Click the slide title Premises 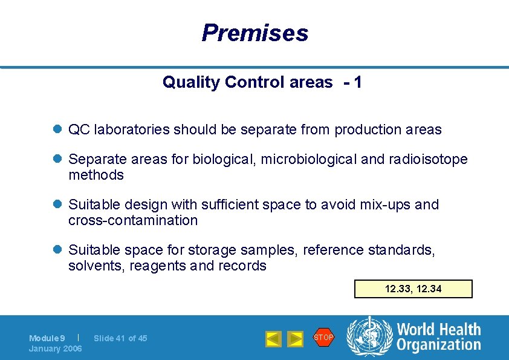pyautogui.click(x=254, y=33)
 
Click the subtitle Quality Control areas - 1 pyautogui.click(x=262, y=82)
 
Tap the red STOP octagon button pyautogui.click(x=323, y=338)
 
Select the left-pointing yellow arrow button pyautogui.click(x=273, y=339)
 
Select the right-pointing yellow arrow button pyautogui.click(x=294, y=339)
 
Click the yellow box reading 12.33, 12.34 pyautogui.click(x=413, y=289)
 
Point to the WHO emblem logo pyautogui.click(x=368, y=337)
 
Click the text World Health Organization pyautogui.click(x=438, y=337)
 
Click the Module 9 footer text pyautogui.click(x=47, y=338)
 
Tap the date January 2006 pyautogui.click(x=55, y=349)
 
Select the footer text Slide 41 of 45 pyautogui.click(x=120, y=338)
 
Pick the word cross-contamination pyautogui.click(x=133, y=220)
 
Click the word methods pyautogui.click(x=96, y=175)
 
